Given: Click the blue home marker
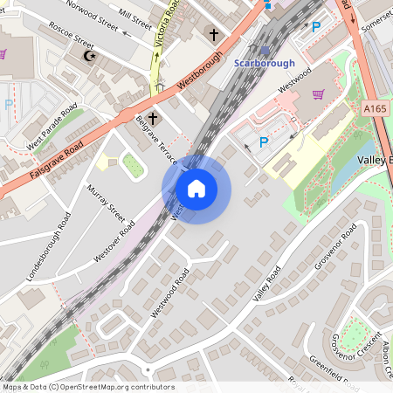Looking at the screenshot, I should tap(196, 189).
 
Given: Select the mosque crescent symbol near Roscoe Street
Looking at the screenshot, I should tap(86, 56).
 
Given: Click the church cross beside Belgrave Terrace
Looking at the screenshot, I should tap(153, 117).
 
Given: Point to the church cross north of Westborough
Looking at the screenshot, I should tap(213, 35).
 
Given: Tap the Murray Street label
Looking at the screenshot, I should tap(106, 202).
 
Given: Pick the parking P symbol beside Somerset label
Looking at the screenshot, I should tap(316, 27).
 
